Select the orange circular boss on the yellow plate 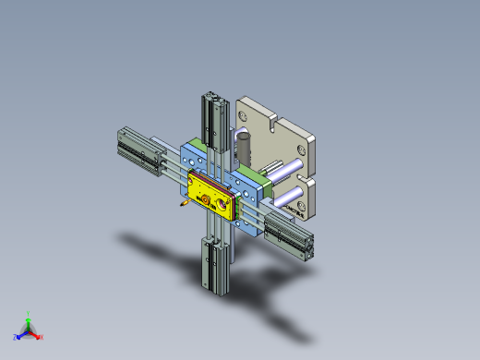[204, 197]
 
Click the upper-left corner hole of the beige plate [246, 114]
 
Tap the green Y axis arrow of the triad [29, 318]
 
